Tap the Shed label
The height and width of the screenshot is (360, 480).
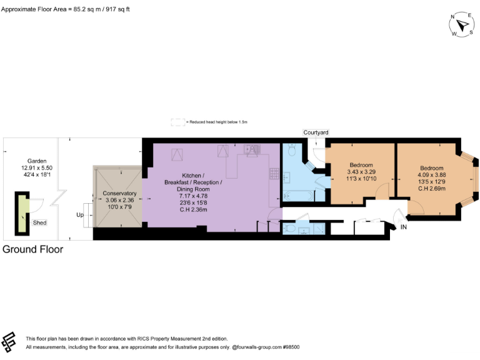click(x=39, y=222)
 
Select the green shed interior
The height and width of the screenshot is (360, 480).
click(x=23, y=212)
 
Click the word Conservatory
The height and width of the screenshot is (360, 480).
click(x=119, y=194)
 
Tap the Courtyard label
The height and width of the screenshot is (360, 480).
click(x=316, y=132)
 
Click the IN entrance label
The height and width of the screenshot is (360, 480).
click(x=404, y=227)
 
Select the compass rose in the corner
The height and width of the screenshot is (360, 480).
click(x=462, y=25)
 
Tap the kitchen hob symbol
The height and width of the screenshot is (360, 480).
click(x=273, y=172)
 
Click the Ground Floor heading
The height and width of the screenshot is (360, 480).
click(x=33, y=249)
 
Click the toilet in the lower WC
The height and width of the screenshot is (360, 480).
click(x=290, y=229)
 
